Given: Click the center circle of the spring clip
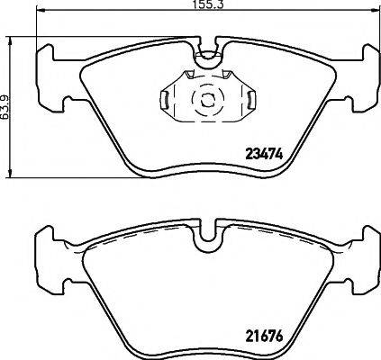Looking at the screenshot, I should (x=206, y=98).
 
